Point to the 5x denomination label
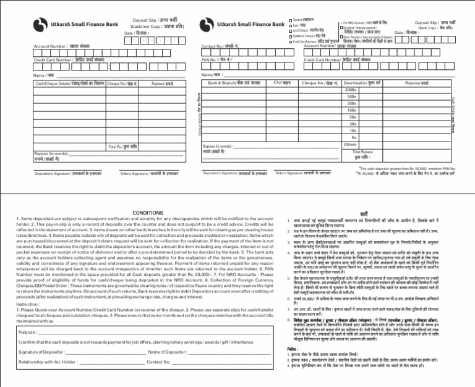point(353,137)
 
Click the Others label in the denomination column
point(351,145)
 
